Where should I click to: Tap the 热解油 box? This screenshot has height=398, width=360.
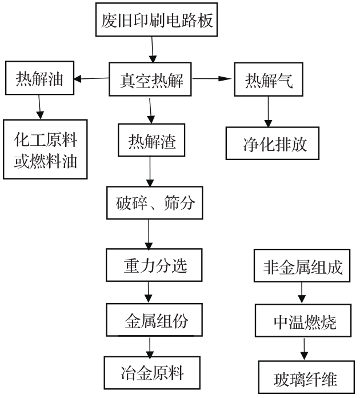click(39, 79)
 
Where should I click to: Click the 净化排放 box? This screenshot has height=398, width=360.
click(274, 144)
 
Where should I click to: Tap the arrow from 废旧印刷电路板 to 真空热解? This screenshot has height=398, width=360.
click(153, 50)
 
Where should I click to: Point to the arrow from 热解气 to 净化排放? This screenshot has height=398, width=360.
click(267, 112)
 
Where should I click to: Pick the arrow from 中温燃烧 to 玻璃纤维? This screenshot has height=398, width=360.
click(303, 349)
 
